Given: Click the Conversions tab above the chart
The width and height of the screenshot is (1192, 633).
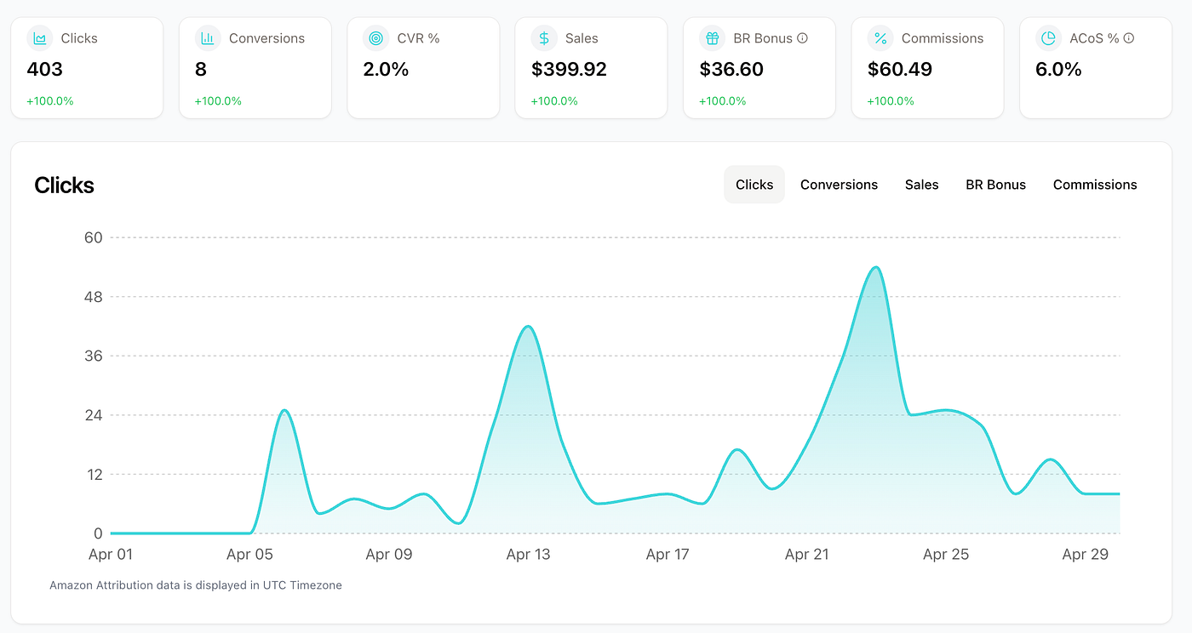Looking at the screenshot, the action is (839, 185).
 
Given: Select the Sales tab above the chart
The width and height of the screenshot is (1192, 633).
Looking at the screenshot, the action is (921, 185).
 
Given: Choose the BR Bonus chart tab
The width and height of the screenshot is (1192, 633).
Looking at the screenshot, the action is (995, 185).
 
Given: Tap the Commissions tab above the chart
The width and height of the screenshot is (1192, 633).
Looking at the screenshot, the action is (1095, 185).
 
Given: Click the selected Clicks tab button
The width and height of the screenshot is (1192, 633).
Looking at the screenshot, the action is (754, 185).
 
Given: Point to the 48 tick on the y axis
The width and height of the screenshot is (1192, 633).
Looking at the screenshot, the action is (93, 297).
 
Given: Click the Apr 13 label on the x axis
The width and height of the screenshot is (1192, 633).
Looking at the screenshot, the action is (528, 554).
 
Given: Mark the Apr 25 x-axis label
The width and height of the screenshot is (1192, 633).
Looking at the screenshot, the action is (946, 554).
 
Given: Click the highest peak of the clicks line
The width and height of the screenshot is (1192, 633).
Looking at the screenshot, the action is (876, 267).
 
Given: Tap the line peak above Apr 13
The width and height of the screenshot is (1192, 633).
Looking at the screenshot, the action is (528, 326).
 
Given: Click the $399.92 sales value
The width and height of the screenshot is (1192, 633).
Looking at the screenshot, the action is (569, 69).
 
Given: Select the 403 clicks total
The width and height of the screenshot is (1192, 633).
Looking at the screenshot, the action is (44, 69).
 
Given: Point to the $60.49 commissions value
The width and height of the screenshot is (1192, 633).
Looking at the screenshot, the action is (900, 69).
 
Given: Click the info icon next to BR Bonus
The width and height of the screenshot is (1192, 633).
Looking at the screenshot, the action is (802, 38).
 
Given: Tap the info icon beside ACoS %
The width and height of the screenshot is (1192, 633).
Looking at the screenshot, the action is (1129, 38).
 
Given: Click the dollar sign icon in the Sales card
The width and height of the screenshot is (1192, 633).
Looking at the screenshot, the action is (544, 38).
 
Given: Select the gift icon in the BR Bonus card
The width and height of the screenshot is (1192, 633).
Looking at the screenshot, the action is (712, 38).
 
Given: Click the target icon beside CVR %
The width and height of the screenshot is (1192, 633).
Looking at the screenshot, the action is (375, 38).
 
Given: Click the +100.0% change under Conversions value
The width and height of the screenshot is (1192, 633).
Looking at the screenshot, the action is (218, 101).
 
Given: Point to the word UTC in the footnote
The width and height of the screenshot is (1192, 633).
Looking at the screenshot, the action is (274, 585).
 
